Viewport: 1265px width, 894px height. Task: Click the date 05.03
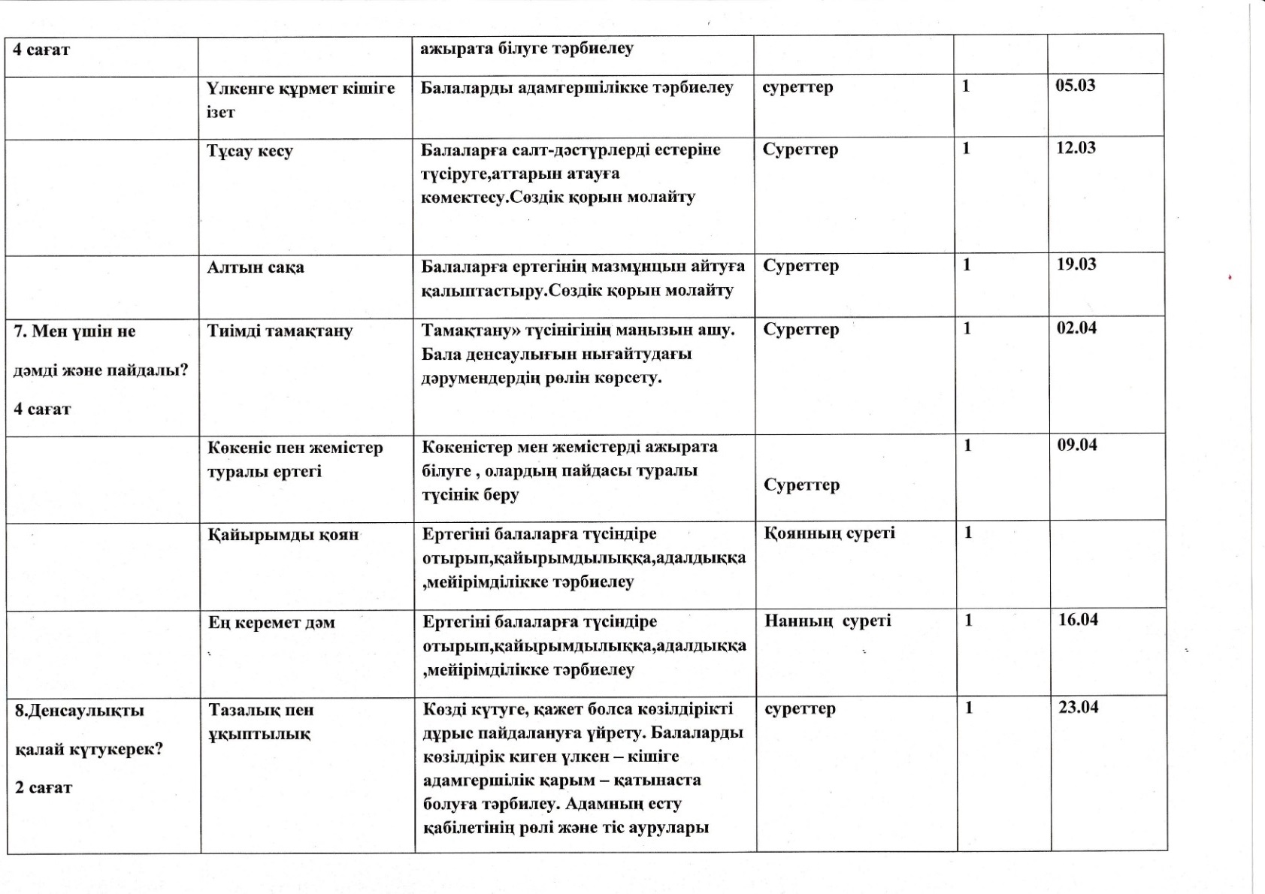pos(1075,85)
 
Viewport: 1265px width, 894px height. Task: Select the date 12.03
pos(1076,148)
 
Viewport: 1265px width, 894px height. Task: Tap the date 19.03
pos(1076,264)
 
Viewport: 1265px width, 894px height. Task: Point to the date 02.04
pos(1076,328)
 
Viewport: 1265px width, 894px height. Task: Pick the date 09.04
pos(1077,445)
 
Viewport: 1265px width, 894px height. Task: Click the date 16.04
pos(1078,620)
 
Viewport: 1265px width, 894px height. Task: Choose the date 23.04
pos(1078,707)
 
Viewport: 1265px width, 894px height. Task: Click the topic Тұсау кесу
pos(250,151)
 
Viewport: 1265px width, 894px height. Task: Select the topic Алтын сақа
pos(256,267)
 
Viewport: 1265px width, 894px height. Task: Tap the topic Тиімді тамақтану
pos(280,331)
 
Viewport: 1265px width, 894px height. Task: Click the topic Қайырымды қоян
pos(283,536)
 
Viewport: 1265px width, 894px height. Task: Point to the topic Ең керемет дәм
pos(271,623)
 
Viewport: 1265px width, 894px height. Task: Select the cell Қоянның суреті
pos(829,533)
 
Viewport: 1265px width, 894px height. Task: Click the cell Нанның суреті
pos(828,621)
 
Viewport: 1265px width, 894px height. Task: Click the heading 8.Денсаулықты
pos(80,711)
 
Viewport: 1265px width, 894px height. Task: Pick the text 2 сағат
pos(44,788)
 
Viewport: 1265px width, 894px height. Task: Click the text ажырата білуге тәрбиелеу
pos(526,49)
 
